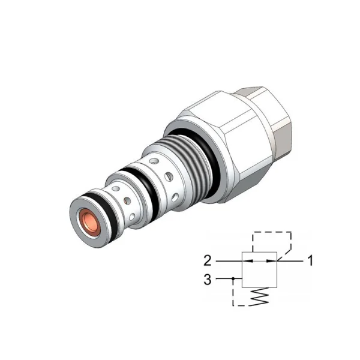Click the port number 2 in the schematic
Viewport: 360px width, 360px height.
coord(208,261)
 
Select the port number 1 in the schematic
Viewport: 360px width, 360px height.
coord(310,261)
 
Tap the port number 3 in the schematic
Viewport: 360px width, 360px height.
coord(208,280)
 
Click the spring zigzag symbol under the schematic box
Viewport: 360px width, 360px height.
coord(260,296)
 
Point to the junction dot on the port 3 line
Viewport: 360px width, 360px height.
coord(233,279)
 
